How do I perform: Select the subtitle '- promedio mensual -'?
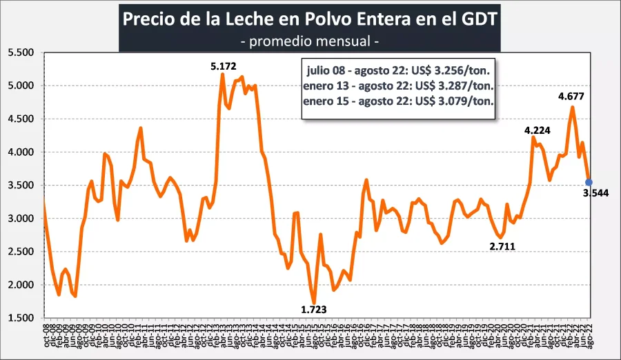coord(310,41)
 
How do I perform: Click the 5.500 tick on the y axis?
coord(20,52)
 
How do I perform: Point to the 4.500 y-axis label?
coord(20,119)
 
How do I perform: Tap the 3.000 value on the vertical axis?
coord(20,219)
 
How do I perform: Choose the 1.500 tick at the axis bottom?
coord(20,318)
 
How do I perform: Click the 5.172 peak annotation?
coord(223,67)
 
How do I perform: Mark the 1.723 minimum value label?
coord(315,310)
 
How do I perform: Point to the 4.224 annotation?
coord(538,130)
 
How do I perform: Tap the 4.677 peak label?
coord(572,96)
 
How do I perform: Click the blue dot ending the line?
coord(589,182)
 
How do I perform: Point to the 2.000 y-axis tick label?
coord(20,285)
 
